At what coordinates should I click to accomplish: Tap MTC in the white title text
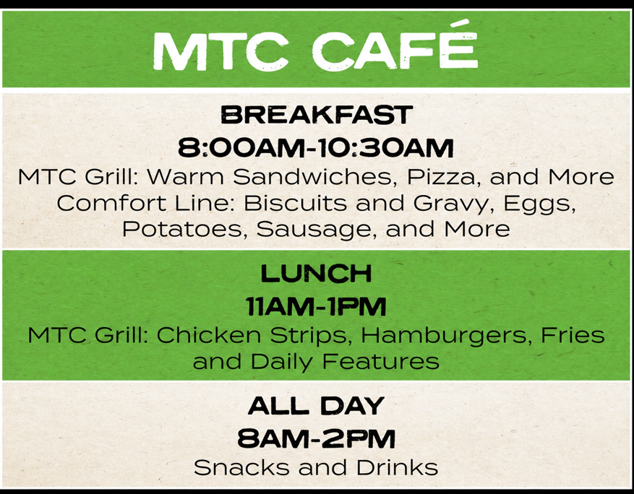(x=220, y=51)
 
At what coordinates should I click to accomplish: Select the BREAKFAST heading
(x=317, y=114)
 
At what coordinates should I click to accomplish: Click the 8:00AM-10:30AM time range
(x=316, y=148)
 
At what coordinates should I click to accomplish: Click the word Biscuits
(x=295, y=202)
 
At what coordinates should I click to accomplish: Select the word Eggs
(x=539, y=204)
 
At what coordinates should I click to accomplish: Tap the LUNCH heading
(x=316, y=274)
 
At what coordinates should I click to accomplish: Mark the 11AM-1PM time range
(x=316, y=307)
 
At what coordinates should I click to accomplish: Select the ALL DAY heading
(x=316, y=406)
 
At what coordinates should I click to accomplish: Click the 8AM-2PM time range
(x=316, y=438)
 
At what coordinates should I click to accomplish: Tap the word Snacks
(x=241, y=467)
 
